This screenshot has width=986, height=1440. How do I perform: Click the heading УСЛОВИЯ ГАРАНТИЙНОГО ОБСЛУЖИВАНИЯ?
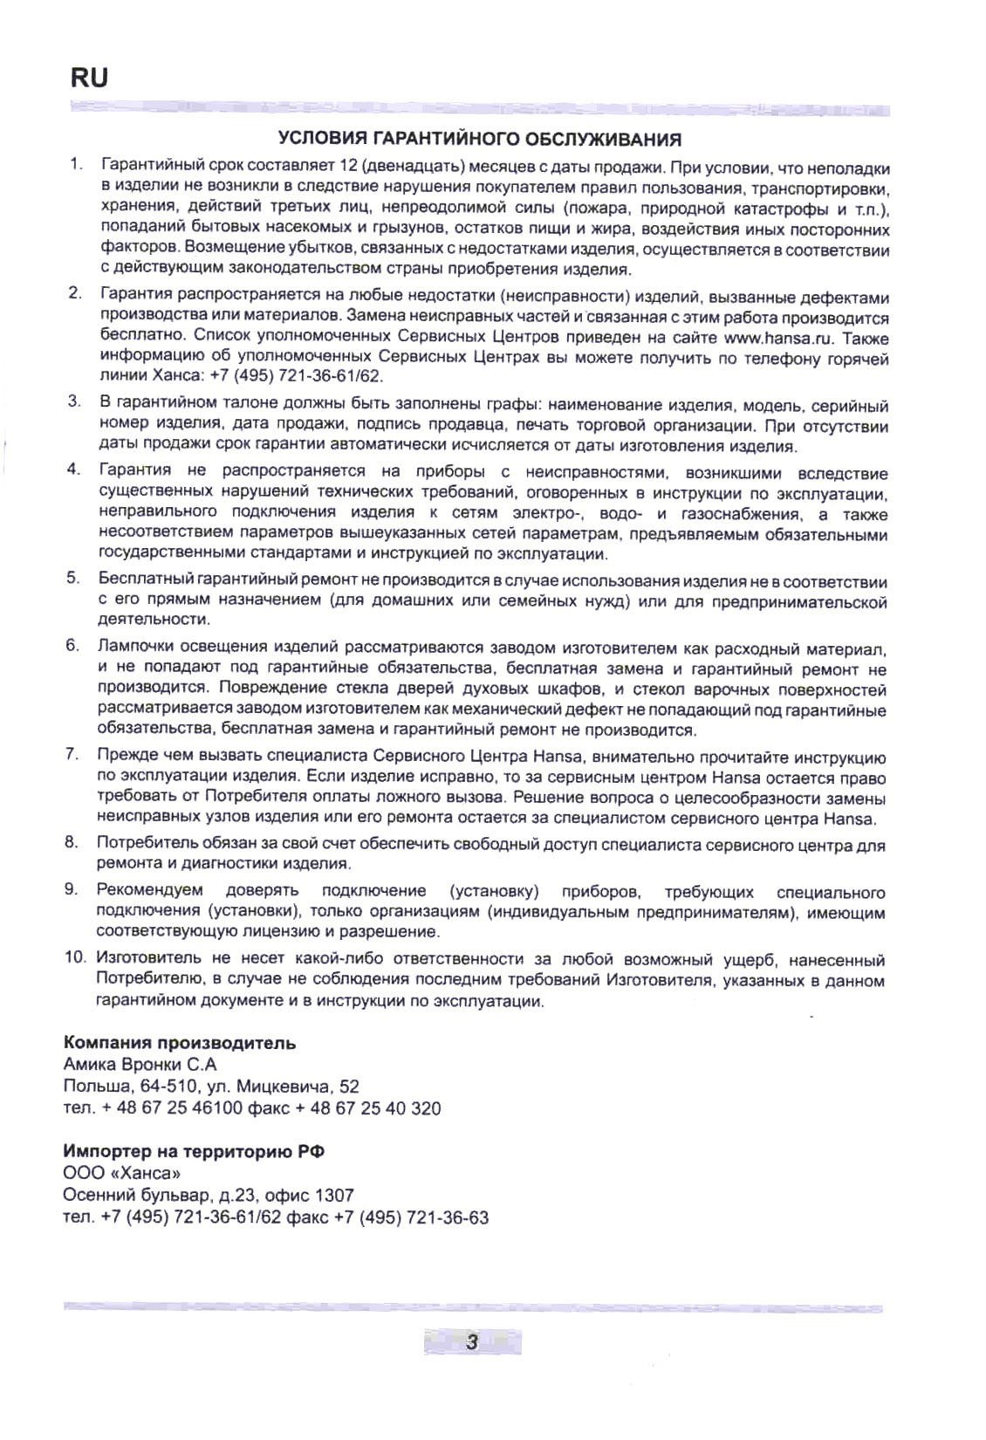pos(479,140)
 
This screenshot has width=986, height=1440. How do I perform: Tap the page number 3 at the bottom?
pos(472,1342)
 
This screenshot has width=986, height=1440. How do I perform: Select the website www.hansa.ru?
pos(769,336)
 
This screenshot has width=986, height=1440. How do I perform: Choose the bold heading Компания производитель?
pos(180,1043)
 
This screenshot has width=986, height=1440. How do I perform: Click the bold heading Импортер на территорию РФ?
pos(194,1151)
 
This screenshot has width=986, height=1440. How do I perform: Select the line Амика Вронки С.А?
pos(140,1065)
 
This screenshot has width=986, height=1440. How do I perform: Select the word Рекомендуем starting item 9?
pos(150,891)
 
